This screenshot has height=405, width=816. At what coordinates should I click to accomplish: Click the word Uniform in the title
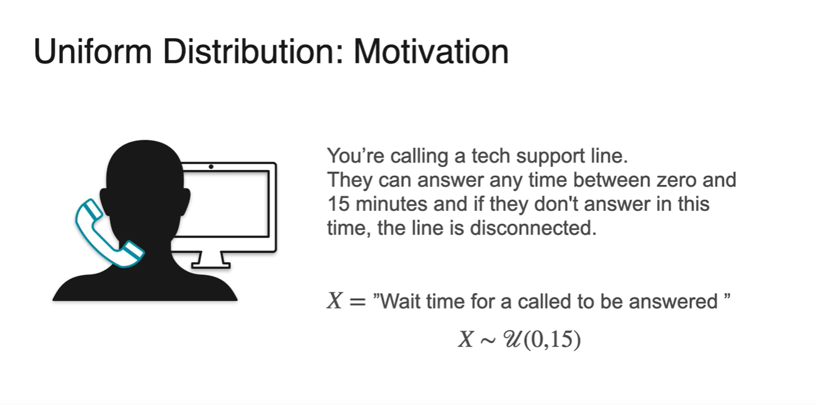(93, 52)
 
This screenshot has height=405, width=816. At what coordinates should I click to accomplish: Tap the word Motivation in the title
(431, 52)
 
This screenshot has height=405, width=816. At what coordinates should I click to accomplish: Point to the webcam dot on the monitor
(211, 167)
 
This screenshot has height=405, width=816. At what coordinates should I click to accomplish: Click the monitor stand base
(211, 265)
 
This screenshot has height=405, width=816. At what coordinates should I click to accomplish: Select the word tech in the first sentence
(491, 156)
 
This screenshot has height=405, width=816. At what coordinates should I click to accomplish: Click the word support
(550, 157)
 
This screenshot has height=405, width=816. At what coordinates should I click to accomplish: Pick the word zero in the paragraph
(676, 181)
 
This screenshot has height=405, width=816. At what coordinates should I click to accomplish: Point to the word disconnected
(533, 228)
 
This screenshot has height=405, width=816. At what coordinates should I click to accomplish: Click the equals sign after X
(357, 302)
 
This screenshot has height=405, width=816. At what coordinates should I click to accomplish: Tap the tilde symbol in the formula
(488, 341)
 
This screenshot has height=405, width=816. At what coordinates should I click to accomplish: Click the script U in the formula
(512, 339)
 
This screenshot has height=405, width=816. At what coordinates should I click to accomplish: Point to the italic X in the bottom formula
(465, 339)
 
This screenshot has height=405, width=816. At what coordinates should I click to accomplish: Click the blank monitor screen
(225, 204)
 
